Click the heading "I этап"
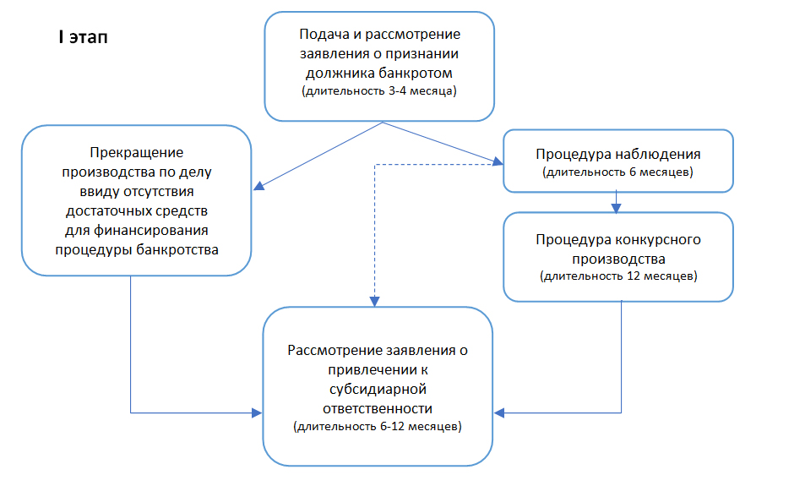[x=82, y=39]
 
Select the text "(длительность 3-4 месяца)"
[x=379, y=90]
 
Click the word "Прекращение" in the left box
[x=136, y=152]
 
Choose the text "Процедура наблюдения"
[x=618, y=155]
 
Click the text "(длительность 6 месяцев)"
[x=618, y=172]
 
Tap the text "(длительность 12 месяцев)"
[x=618, y=276]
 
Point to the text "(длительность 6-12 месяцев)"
[x=378, y=427]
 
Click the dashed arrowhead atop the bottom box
[x=375, y=301]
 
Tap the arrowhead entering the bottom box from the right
[x=500, y=413]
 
